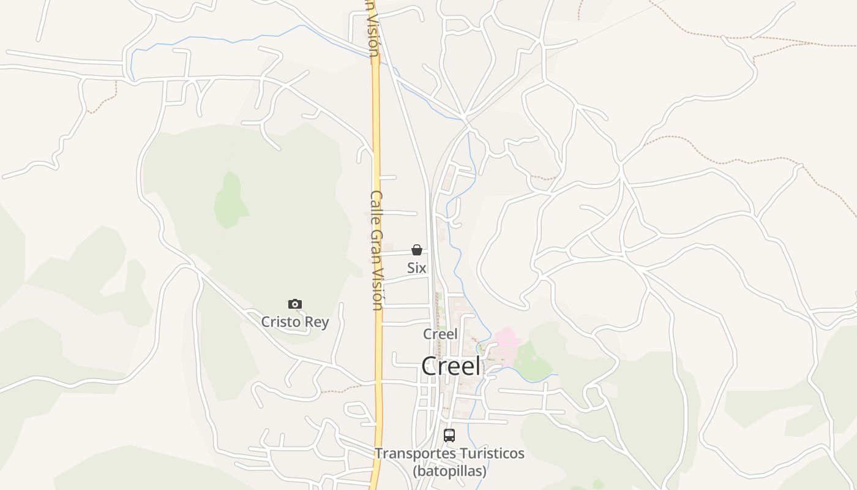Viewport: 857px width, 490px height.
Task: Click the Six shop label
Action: click(417, 268)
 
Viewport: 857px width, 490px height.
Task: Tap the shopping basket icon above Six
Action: click(417, 250)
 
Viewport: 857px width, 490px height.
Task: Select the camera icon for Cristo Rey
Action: click(295, 304)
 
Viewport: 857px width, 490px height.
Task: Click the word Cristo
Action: click(282, 322)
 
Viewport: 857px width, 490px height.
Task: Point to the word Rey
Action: click(318, 322)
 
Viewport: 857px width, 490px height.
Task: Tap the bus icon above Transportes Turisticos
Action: click(449, 435)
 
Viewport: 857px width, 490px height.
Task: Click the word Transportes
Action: click(413, 454)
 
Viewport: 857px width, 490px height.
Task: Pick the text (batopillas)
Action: click(449, 471)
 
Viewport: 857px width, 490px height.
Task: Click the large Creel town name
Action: click(451, 366)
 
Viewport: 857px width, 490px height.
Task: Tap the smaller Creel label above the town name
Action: click(440, 334)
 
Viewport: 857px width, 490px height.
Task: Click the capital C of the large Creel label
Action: click(430, 366)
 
